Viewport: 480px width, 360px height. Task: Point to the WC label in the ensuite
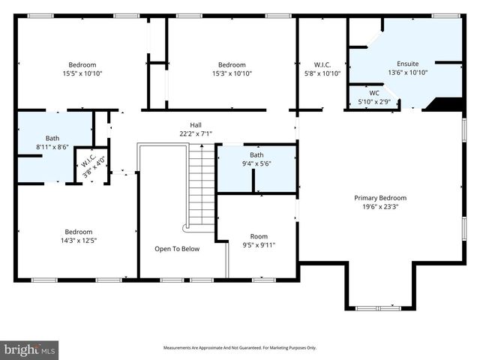373,92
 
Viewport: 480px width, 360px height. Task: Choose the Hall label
195,125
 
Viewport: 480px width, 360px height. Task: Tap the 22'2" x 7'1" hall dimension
195,133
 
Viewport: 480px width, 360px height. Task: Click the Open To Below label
177,249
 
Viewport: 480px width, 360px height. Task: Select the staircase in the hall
200,187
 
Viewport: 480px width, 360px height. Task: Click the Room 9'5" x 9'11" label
259,240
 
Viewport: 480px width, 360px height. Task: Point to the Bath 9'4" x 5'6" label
256,159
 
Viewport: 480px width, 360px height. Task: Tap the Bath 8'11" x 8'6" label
52,142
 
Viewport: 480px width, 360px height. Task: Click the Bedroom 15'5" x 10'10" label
82,69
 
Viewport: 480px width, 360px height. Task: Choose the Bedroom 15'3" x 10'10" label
232,69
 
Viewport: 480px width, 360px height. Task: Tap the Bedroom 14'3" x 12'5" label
78,235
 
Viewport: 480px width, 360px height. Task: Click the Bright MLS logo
30,349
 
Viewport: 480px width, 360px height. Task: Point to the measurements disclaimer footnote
240,348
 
